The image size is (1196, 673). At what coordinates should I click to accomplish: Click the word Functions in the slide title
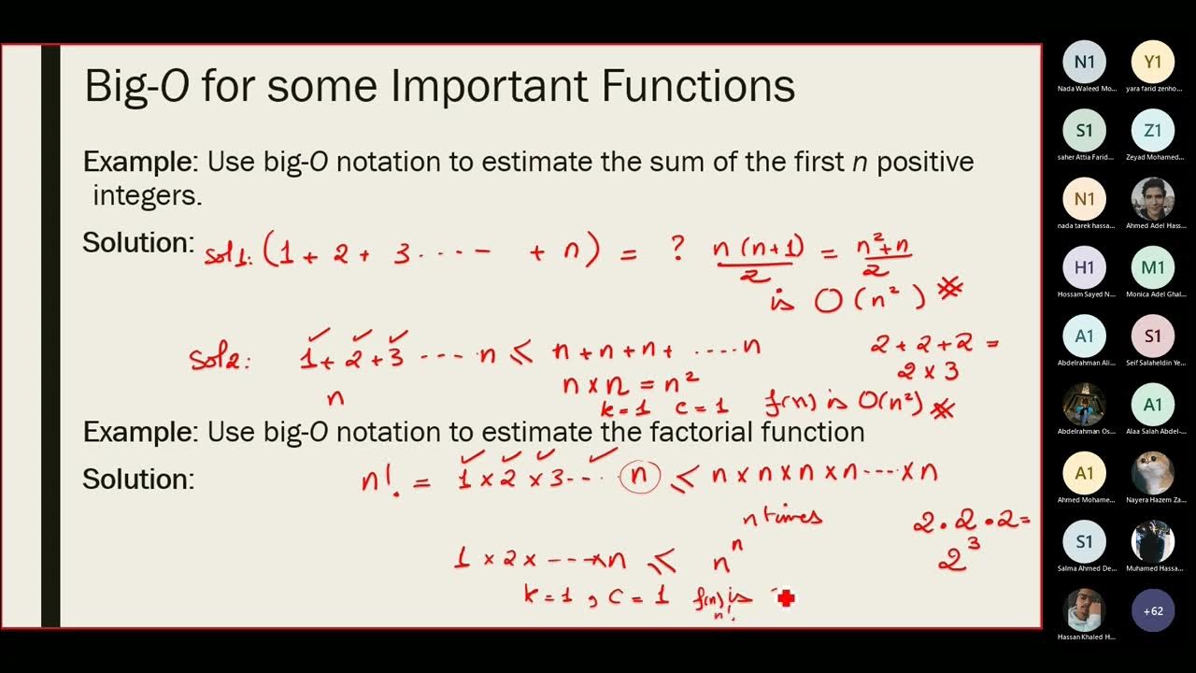click(x=699, y=86)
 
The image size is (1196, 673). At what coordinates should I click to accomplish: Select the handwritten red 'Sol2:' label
click(x=221, y=359)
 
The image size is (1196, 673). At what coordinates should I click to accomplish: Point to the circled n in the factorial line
click(x=640, y=477)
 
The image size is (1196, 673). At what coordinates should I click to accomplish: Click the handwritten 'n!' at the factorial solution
click(x=379, y=480)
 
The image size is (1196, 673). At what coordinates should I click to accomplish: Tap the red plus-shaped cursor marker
click(x=786, y=597)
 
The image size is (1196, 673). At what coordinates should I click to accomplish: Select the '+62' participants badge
click(x=1153, y=611)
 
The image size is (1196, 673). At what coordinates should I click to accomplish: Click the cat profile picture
click(x=1153, y=473)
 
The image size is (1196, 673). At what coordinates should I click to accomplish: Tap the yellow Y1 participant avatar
click(x=1153, y=63)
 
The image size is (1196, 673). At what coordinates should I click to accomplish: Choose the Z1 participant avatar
click(x=1153, y=131)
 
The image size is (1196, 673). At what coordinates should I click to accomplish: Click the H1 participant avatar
click(x=1085, y=267)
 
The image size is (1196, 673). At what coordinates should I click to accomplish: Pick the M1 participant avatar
click(x=1153, y=267)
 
